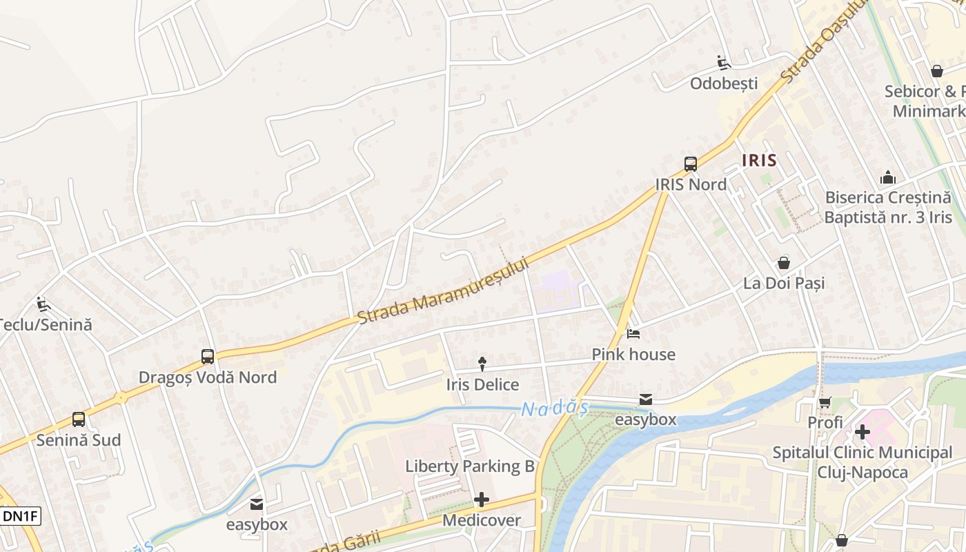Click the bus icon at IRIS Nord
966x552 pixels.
[x=691, y=164]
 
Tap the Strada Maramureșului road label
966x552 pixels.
[x=443, y=291]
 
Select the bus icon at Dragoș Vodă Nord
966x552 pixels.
[x=208, y=357]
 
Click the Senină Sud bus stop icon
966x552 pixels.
[x=79, y=420]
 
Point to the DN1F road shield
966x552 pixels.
[x=21, y=515]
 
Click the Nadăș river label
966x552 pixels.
[x=554, y=409]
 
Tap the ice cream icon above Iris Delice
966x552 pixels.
[x=482, y=364]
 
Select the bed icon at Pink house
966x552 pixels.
[x=633, y=334]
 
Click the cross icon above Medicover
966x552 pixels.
[x=482, y=500]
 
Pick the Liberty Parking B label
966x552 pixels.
[x=470, y=466]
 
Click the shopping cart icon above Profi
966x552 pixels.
[x=825, y=402]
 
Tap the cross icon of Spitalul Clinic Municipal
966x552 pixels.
[x=862, y=433]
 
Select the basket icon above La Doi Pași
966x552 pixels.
[x=784, y=263]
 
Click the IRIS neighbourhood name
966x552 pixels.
[x=759, y=161]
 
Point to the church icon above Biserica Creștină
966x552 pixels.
[x=888, y=177]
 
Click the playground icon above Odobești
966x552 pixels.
[x=724, y=63]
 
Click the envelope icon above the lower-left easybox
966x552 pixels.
[x=257, y=504]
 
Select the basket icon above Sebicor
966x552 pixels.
[x=937, y=71]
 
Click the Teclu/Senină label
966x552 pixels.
[x=46, y=324]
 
